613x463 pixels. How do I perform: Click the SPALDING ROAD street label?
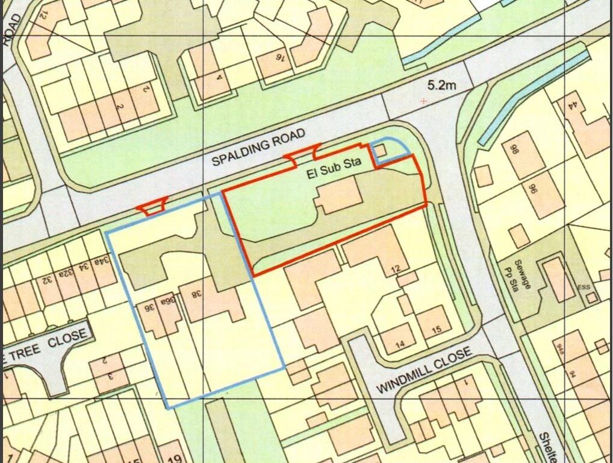click(x=260, y=147)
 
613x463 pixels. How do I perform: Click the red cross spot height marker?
click(x=424, y=101)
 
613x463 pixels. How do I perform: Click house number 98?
click(x=515, y=150)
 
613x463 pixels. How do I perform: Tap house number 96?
click(x=532, y=191)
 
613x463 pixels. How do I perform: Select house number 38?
click(x=196, y=294)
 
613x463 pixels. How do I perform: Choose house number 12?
click(x=395, y=269)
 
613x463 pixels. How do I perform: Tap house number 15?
click(x=437, y=329)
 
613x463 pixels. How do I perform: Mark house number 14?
click(x=400, y=345)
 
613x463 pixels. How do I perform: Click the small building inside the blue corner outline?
click(x=381, y=151)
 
